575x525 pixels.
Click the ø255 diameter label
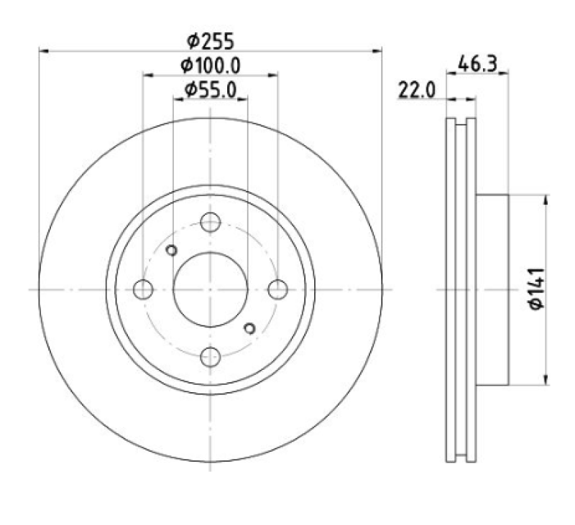[210, 41]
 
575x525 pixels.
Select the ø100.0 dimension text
[211, 66]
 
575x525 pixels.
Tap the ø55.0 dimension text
[211, 90]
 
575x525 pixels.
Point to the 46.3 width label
[477, 64]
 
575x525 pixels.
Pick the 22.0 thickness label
[416, 90]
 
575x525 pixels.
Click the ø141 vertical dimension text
[537, 289]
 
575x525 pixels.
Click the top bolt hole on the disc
[211, 222]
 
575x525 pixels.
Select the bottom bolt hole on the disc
[211, 357]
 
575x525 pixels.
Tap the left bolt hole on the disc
[143, 289]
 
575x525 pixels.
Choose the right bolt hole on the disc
[278, 289]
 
